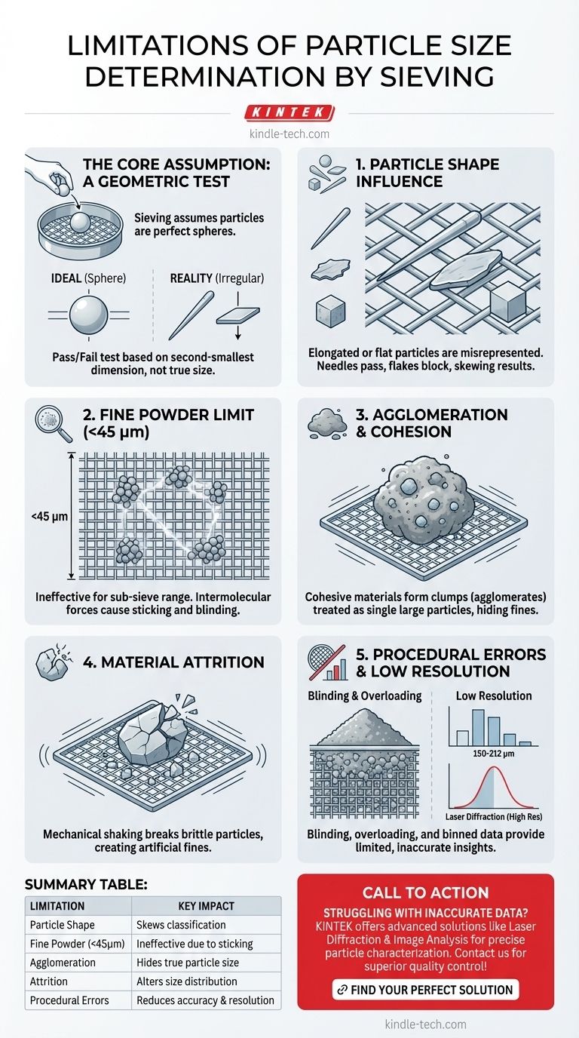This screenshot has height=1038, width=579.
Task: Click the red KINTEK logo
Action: pos(289,112)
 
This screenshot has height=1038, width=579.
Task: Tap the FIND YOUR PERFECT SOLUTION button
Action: pos(426,990)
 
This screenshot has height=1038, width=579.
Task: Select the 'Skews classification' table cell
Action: pos(181,925)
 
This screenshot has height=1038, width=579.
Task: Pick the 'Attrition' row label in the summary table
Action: pos(49,981)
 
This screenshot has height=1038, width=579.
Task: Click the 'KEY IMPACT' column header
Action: pos(206,906)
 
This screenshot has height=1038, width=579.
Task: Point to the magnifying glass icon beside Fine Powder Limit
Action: pos(54,424)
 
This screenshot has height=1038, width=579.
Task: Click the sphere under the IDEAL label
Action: pos(88,315)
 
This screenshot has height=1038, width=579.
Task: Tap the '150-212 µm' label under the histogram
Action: pos(494,754)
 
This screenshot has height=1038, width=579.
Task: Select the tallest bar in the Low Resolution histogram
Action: pos(478,727)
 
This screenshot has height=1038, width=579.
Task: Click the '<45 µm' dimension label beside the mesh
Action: pos(50,516)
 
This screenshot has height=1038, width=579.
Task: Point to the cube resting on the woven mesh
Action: pos(507,302)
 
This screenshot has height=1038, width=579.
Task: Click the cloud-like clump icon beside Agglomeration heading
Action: pos(327,423)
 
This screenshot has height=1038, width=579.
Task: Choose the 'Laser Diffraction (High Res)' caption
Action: pos(494,816)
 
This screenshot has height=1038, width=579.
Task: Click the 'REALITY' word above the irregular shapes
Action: pos(191,278)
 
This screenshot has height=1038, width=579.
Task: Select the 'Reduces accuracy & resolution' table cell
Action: pos(205,1000)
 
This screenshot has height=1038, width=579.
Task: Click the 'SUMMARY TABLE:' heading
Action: pos(86,885)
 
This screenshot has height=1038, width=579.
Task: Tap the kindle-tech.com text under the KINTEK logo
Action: pos(289,134)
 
